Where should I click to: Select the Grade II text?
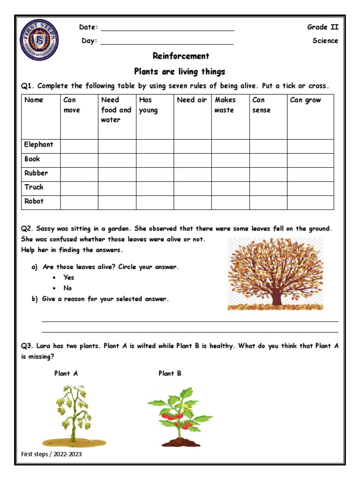pyautogui.click(x=322, y=27)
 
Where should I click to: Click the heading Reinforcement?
pyautogui.click(x=181, y=56)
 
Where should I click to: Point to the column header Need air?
pyautogui.click(x=192, y=100)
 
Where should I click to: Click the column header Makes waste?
pyautogui.click(x=225, y=105)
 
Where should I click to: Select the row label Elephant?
pyautogui.click(x=39, y=145)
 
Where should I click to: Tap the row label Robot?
pyautogui.click(x=34, y=202)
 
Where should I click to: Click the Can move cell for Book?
pyautogui.click(x=79, y=160)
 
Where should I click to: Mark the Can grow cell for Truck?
pyautogui.click(x=310, y=188)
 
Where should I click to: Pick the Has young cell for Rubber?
pyautogui.click(x=155, y=174)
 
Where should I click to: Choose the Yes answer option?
pyautogui.click(x=69, y=277)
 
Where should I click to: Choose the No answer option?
pyautogui.click(x=68, y=288)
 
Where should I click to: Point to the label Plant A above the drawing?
pyautogui.click(x=66, y=374)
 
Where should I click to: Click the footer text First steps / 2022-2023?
pyautogui.click(x=48, y=455)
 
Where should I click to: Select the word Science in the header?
pyautogui.click(x=325, y=41)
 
